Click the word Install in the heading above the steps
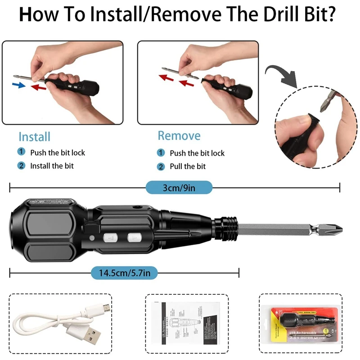(34, 137)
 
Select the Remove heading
(179, 135)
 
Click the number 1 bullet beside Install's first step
(21, 152)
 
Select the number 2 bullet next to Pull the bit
(161, 166)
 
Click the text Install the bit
(52, 166)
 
